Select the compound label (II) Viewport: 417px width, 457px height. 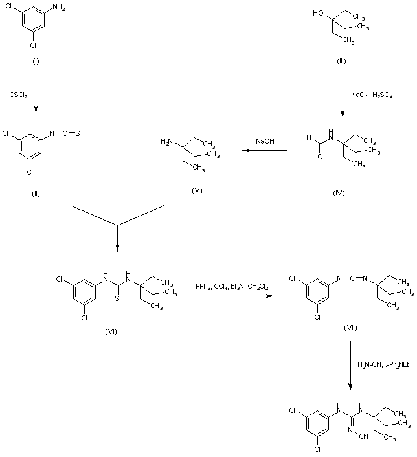tap(36, 194)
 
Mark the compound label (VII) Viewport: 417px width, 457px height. tap(350, 329)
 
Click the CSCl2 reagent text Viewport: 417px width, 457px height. tap(18, 95)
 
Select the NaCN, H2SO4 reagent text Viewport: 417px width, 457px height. tap(372, 95)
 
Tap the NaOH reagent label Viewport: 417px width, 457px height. tap(264, 141)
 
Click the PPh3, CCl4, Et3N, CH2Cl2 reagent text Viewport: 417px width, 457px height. tap(233, 286)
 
